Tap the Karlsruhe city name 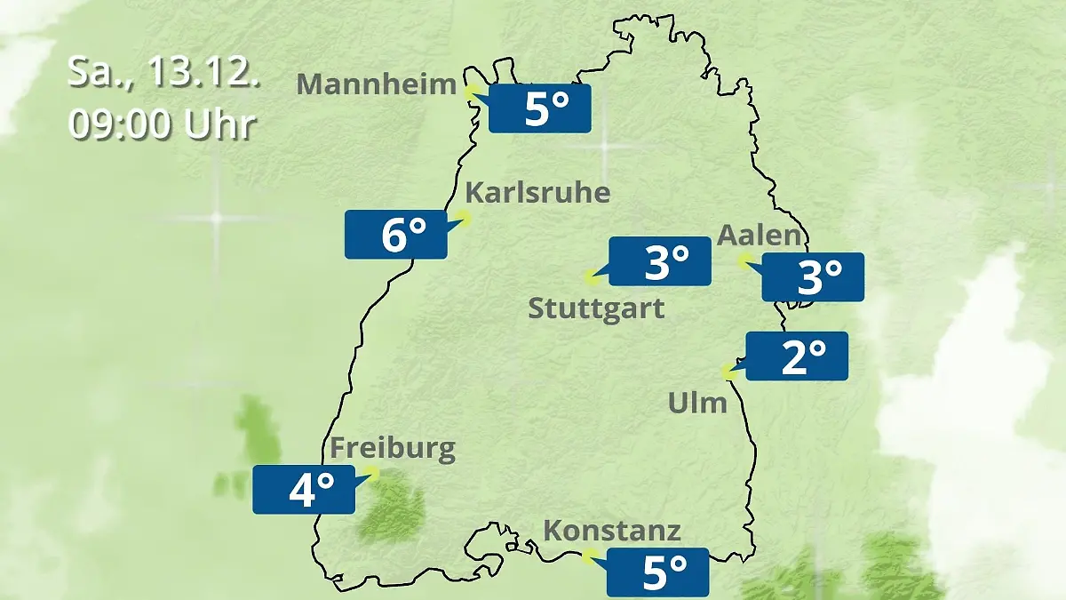coord(537,192)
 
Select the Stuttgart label coord(596,309)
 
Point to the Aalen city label coord(760,236)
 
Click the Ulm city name coord(697,404)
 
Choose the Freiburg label coord(393,447)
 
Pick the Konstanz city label coord(612,531)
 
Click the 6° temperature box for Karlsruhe coord(396,235)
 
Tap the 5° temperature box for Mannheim coord(540,108)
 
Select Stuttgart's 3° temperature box coord(659,261)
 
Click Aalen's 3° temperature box coord(813,277)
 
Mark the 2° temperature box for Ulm coord(797,356)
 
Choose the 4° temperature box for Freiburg coord(304,489)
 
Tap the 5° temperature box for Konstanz coord(657,572)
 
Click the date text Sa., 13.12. coord(164,72)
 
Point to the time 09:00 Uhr coord(163,124)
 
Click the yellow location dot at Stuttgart coord(591,278)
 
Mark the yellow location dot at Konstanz coord(586,556)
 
